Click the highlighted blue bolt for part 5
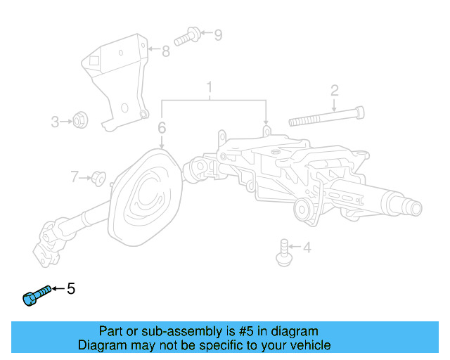coord(36,295)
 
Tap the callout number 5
coord(70,288)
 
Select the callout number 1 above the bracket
coord(209,88)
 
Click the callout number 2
coord(335,90)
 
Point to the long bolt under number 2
coord(327,114)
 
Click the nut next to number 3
coord(80,121)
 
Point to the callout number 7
coord(75,176)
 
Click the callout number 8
coord(165,51)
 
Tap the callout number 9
coord(217,34)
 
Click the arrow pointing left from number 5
coord(58,289)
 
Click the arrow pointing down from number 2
coord(335,106)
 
